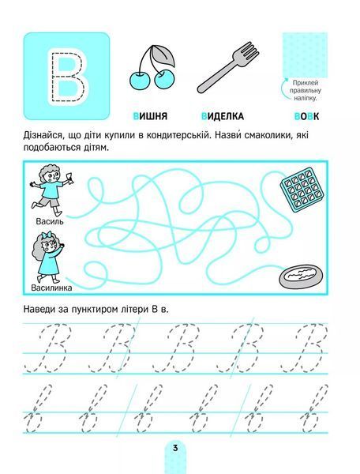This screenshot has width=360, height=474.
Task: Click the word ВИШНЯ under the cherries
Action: [x=150, y=116]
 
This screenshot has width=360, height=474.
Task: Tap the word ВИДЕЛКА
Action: [x=223, y=116]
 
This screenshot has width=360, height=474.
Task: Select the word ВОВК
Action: [x=306, y=116]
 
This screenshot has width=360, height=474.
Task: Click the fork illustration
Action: [x=228, y=67]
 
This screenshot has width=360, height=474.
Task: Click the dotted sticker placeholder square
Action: [x=305, y=55]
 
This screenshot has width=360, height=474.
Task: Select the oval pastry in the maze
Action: [x=301, y=276]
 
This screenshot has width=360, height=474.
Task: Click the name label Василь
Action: [x=50, y=221]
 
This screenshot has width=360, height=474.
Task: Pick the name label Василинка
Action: [x=51, y=288]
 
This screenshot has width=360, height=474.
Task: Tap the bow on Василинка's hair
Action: [x=46, y=235]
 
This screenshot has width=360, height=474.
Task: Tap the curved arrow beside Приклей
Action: [x=284, y=88]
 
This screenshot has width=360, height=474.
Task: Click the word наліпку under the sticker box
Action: [x=305, y=98]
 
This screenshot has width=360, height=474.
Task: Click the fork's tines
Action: [x=249, y=51]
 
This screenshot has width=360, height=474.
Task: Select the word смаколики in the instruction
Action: [x=256, y=136]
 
